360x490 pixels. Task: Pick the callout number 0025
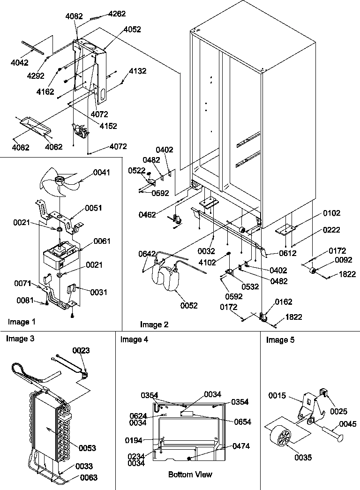click(338, 411)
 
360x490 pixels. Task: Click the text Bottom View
click(190, 475)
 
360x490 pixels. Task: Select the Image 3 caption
click(20, 339)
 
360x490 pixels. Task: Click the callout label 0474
click(241, 446)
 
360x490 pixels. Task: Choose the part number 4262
click(117, 14)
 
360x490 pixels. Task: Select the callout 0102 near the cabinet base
click(332, 213)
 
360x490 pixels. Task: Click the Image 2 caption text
click(154, 324)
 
